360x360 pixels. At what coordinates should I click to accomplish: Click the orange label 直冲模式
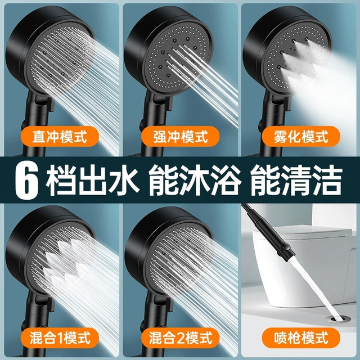point(60,137)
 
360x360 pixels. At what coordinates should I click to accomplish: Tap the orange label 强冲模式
point(180,137)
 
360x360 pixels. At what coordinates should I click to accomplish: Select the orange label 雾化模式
point(301,137)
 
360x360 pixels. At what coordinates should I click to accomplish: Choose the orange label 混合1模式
point(60,338)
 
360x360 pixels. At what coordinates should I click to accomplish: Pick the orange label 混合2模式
point(180,338)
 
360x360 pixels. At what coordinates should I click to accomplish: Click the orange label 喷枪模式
point(301,338)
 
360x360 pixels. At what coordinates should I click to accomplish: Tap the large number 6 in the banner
point(26,180)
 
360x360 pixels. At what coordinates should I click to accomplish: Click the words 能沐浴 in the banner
point(195,181)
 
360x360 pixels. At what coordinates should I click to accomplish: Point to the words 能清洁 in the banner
point(296,181)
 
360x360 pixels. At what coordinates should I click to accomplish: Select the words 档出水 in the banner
point(92,181)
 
